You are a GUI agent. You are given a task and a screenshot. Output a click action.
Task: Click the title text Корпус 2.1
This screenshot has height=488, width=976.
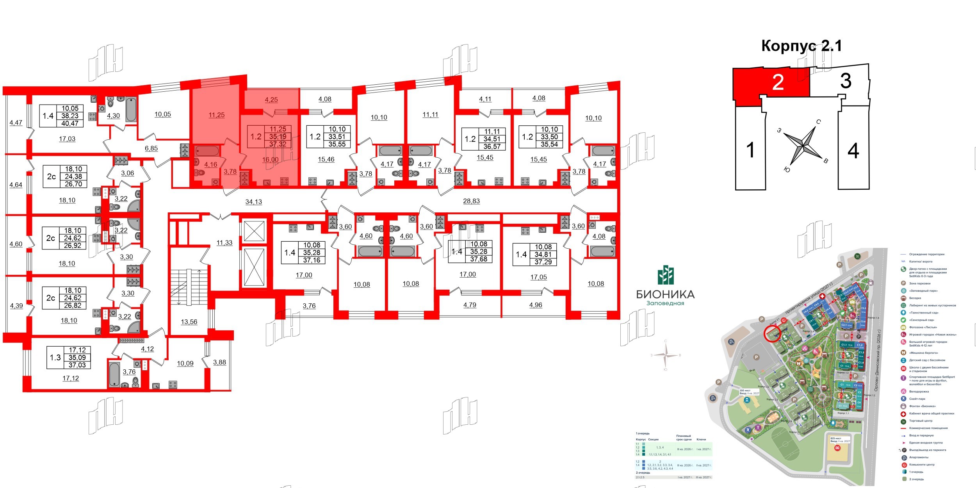point(801,46)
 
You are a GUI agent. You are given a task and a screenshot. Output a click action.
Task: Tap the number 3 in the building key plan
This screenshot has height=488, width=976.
point(845,81)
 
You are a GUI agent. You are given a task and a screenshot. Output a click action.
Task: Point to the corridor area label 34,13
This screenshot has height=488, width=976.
point(253,202)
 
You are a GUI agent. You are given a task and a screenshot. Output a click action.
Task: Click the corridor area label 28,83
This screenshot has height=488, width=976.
point(471,201)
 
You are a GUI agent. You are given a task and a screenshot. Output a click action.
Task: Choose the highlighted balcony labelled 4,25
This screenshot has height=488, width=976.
point(271,100)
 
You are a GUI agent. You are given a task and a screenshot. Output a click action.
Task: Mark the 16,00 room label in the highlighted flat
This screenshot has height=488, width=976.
point(270,159)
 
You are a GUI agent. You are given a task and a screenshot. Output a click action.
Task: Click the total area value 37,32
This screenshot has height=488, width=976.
point(278,144)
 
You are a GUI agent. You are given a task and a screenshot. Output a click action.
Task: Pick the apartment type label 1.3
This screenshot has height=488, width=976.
point(55,358)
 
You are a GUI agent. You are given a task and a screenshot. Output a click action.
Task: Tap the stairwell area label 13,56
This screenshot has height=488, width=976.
point(189,322)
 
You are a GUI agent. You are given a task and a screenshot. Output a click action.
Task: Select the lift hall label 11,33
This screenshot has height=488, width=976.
point(224,243)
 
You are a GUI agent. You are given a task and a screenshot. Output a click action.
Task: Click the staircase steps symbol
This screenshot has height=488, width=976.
point(189,287)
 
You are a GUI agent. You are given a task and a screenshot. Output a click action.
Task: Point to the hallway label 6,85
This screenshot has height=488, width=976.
point(151,148)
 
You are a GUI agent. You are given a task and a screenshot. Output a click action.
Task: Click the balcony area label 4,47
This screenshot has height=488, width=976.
point(16,123)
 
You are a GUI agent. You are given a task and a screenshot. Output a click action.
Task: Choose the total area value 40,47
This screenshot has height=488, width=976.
point(70,123)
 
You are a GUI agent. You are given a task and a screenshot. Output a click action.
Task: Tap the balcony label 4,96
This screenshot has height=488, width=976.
point(536,305)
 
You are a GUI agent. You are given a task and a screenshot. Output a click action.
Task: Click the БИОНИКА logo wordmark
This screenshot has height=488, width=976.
point(665,294)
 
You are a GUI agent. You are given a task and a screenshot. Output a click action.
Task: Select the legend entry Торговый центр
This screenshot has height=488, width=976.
point(921,421)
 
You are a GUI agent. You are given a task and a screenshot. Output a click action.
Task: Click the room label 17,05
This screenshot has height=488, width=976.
point(538,277)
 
